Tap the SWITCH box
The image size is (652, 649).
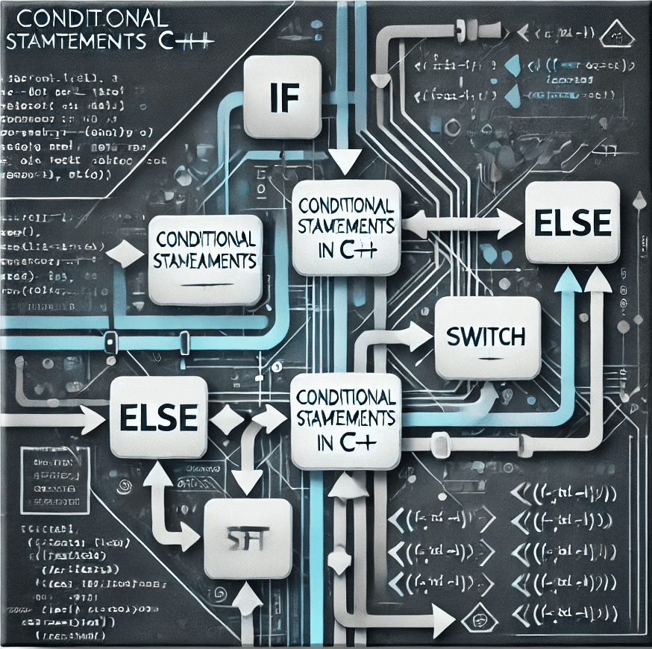coord(487,337)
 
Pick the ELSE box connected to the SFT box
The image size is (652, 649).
coord(158,416)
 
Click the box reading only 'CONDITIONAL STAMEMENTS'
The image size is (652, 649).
coord(205,251)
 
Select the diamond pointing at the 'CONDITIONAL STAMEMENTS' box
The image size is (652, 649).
coord(120,256)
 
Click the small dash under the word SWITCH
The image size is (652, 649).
coord(487,359)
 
